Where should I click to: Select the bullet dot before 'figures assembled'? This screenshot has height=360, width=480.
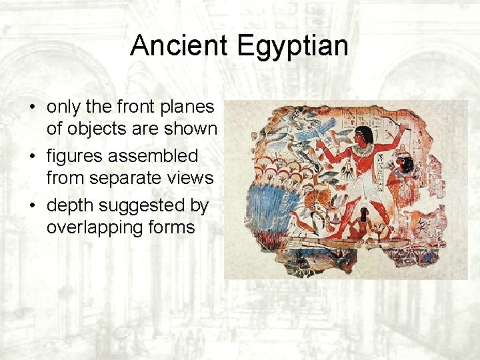[x=32, y=157]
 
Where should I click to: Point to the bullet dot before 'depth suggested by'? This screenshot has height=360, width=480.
[x=32, y=206]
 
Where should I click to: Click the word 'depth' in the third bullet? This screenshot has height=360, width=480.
[x=70, y=206]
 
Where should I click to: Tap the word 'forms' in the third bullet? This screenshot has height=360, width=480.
[x=173, y=227]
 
